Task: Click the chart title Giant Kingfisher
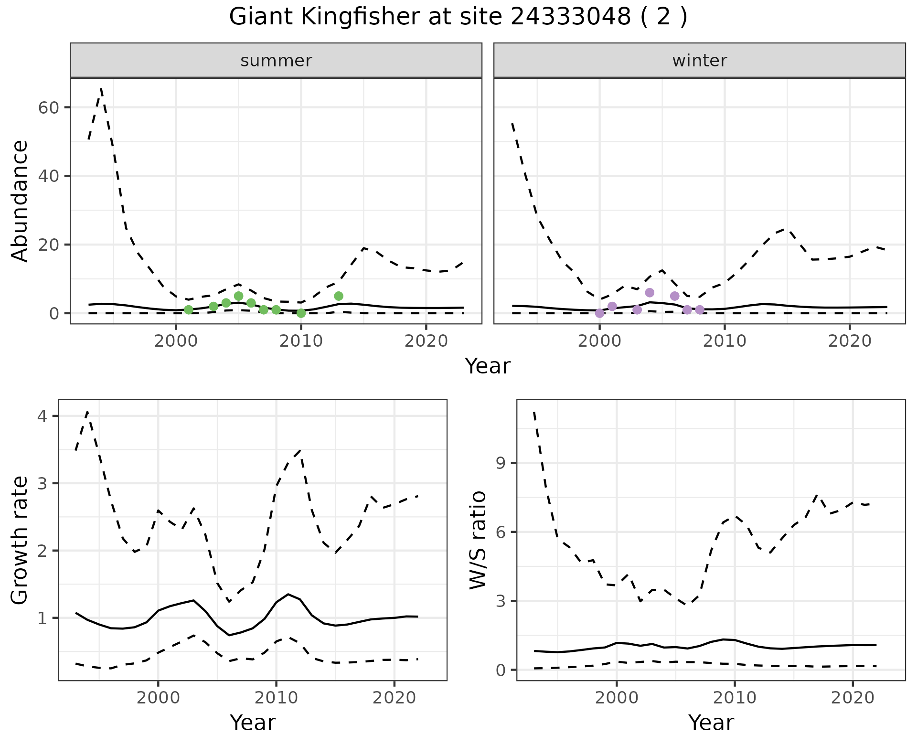[x=458, y=17]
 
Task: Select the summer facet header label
[x=276, y=61]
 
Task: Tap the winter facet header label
[x=699, y=61]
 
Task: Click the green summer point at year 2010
[x=301, y=313]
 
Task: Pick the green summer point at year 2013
[x=339, y=296]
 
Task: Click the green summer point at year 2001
[x=189, y=310]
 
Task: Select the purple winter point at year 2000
[x=599, y=313]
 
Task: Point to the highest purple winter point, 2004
[x=650, y=293]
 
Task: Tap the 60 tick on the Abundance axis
[x=48, y=107]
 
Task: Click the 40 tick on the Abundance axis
[x=48, y=176]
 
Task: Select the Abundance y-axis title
[x=20, y=201]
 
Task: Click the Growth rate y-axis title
[x=20, y=540]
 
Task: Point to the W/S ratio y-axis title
[x=478, y=540]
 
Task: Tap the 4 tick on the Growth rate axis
[x=42, y=416]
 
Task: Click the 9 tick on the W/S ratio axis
[x=501, y=463]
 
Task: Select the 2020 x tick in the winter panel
[x=850, y=341]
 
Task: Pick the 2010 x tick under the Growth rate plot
[x=276, y=698]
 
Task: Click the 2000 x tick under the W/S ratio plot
[x=617, y=698]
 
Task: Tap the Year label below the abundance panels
[x=488, y=366]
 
